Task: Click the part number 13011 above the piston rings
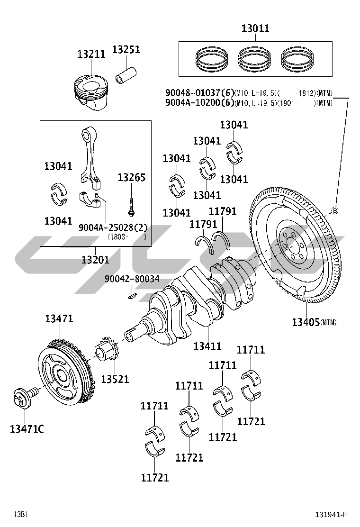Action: pos(255,28)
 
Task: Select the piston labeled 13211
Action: pos(92,92)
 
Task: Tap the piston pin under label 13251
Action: pos(127,75)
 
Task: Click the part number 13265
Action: pos(131,178)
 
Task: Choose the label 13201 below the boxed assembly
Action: pos(95,259)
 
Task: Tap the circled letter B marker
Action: pos(334,210)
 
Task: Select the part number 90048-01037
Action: pos(196,93)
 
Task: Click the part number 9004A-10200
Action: pos(196,102)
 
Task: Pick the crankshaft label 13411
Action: pos(207,346)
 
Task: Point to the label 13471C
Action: pos(27,429)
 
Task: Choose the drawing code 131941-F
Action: pos(332,515)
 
